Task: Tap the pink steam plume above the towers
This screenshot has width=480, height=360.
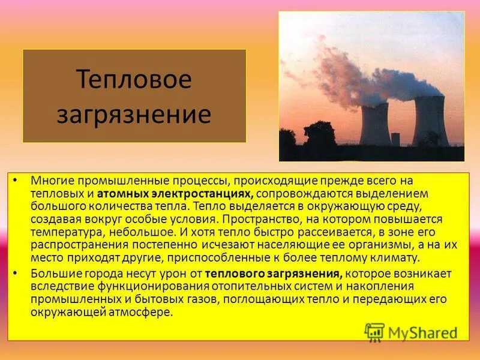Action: [354, 78]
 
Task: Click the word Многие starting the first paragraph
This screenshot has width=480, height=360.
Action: [50, 181]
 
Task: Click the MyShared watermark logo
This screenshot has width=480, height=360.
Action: [411, 332]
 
